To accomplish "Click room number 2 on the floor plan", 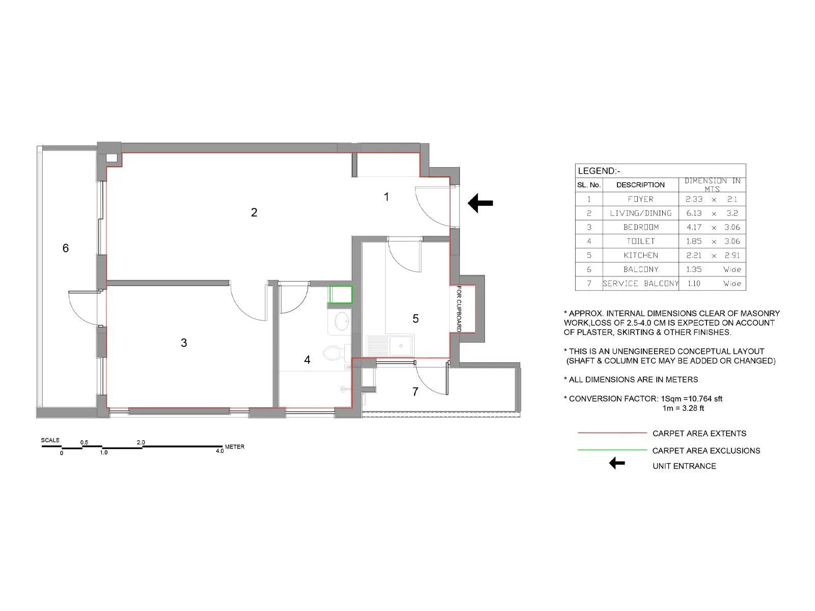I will point(254,212).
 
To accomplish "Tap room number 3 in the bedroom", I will point(184,343).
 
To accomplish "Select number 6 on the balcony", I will point(65,248).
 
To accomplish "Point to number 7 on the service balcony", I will point(415,392).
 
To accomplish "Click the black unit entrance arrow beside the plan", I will point(480,203).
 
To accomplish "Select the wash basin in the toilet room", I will point(340,321).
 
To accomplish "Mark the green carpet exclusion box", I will point(341,295).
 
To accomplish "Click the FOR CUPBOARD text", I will point(459,309).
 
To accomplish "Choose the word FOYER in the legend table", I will point(640,199).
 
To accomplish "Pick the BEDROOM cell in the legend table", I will point(641,227).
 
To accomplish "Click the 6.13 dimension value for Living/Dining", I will point(693,213).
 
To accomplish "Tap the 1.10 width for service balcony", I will point(693,284).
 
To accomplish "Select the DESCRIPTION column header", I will point(640,185).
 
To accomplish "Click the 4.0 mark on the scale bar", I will point(220,451).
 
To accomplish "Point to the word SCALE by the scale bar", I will point(50,440).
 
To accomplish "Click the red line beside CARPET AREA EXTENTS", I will point(612,433).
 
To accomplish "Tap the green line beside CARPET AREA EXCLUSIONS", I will point(612,450).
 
